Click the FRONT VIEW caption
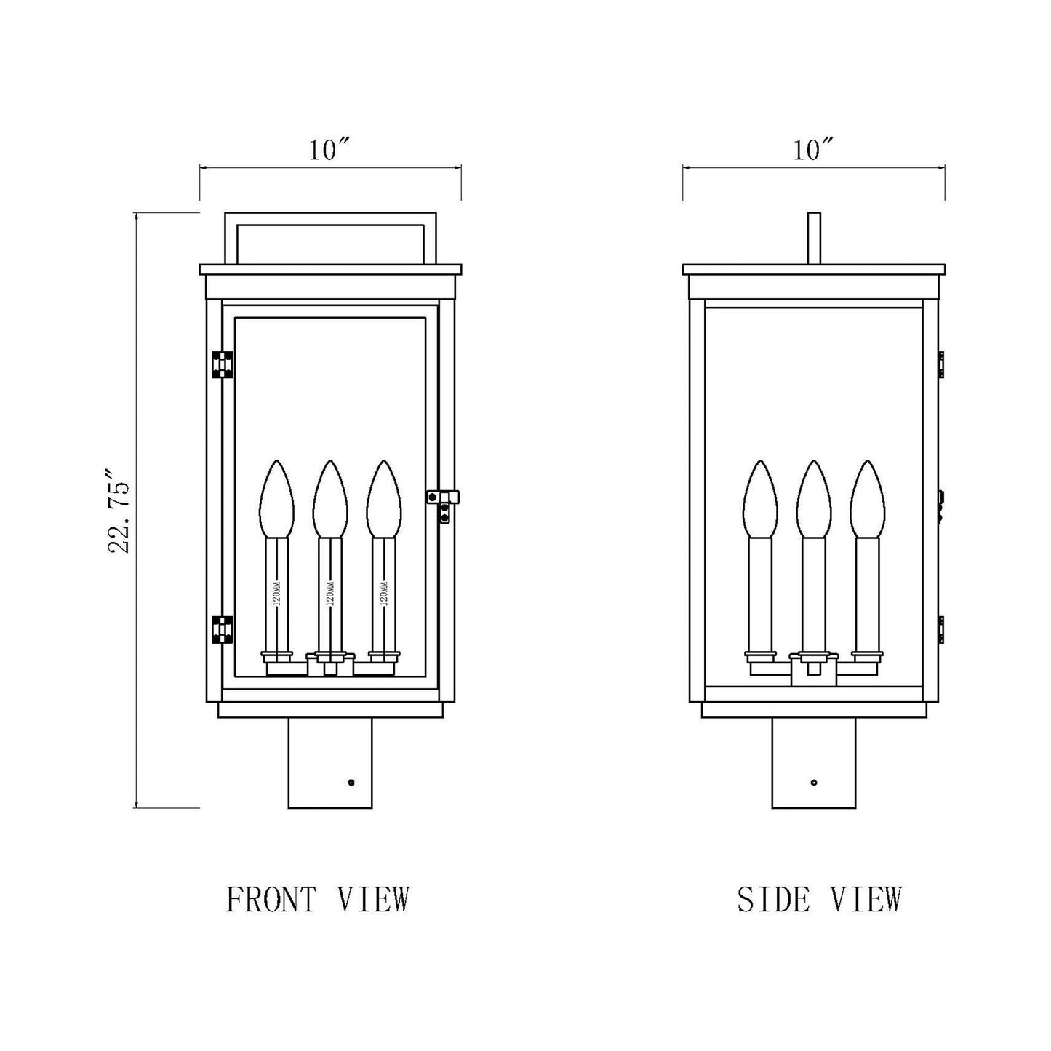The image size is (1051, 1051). (x=318, y=899)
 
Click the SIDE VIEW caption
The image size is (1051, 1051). (x=819, y=899)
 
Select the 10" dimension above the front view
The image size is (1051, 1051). (x=330, y=151)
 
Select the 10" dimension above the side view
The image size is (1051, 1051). (x=812, y=151)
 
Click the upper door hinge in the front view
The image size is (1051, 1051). (x=222, y=365)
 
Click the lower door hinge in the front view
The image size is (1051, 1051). (x=222, y=630)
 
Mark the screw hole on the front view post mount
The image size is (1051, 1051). (x=351, y=783)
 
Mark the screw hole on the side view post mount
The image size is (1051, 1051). (x=813, y=783)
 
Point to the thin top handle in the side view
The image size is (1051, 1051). (x=814, y=238)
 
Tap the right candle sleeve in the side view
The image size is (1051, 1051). (x=867, y=593)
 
